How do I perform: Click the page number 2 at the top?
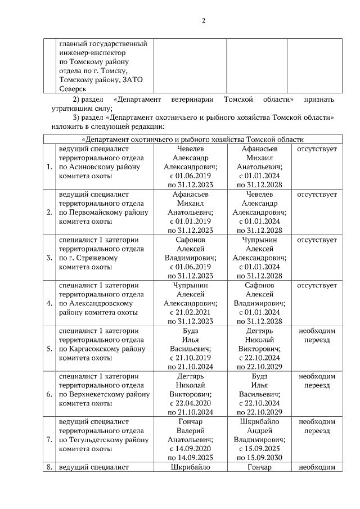point(204,21)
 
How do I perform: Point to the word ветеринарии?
point(191,99)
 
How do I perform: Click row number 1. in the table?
point(49,166)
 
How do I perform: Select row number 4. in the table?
point(49,303)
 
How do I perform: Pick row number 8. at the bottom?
point(49,466)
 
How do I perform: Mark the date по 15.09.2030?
point(259,458)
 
